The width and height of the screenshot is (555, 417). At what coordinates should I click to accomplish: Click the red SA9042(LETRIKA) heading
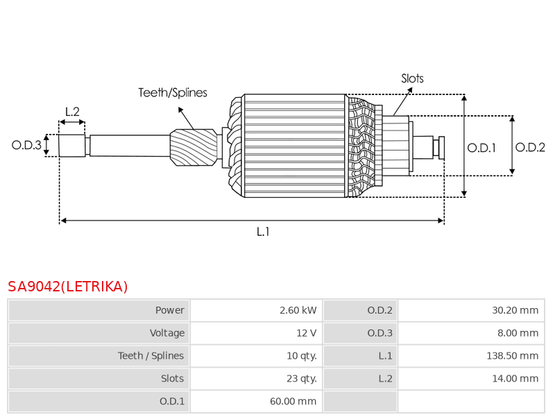pyautogui.click(x=67, y=287)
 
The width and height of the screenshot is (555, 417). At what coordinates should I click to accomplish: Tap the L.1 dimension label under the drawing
pyautogui.click(x=263, y=232)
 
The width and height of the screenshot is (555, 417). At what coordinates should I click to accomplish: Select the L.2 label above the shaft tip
pyautogui.click(x=72, y=112)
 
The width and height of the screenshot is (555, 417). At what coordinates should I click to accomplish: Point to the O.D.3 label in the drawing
pyautogui.click(x=26, y=145)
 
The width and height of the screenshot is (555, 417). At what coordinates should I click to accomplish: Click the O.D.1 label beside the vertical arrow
pyautogui.click(x=481, y=148)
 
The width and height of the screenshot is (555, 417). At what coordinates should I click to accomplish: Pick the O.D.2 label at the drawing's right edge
pyautogui.click(x=530, y=147)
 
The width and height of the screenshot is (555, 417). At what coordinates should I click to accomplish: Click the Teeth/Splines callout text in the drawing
pyautogui.click(x=173, y=92)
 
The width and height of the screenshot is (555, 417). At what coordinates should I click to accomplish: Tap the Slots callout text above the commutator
pyautogui.click(x=412, y=78)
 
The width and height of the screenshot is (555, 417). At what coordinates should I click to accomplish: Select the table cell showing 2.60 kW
pyautogui.click(x=256, y=310)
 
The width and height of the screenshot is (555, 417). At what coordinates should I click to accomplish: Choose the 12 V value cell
pyautogui.click(x=256, y=333)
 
